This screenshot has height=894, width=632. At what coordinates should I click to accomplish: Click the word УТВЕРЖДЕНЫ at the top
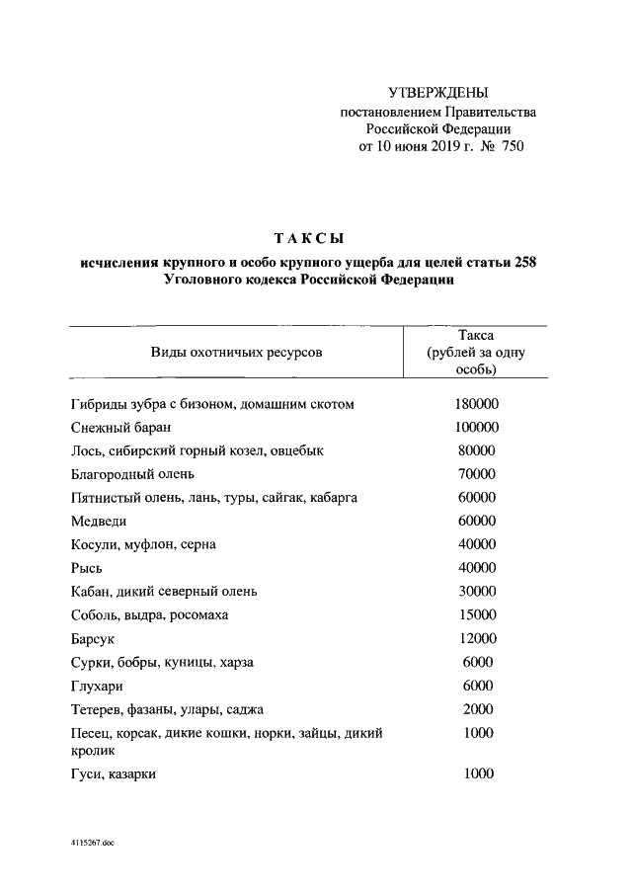(438, 93)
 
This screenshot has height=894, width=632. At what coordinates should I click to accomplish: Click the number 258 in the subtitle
(528, 262)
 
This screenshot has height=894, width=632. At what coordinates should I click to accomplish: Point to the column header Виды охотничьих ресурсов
(236, 353)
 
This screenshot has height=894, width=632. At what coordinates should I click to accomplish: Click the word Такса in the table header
(476, 335)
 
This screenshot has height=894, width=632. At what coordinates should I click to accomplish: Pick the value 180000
(477, 404)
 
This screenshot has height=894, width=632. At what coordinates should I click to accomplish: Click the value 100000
(477, 428)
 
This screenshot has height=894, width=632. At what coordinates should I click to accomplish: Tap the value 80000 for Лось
(477, 450)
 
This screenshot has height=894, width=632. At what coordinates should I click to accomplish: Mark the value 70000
(477, 474)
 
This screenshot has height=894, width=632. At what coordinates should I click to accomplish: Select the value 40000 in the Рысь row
(477, 567)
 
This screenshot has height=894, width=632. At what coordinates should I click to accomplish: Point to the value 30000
(477, 591)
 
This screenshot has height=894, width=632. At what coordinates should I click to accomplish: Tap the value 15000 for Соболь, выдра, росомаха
(477, 614)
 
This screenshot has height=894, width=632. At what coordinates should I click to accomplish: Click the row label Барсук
(95, 639)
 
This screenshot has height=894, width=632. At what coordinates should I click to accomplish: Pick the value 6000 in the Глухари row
(477, 686)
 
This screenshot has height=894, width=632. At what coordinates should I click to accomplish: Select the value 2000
(477, 709)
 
